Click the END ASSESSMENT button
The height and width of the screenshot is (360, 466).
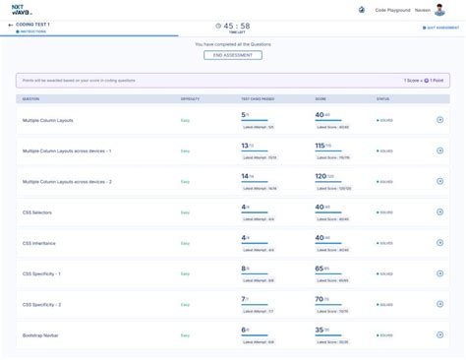pyautogui.click(x=232, y=55)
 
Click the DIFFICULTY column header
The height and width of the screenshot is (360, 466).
pyautogui.click(x=191, y=99)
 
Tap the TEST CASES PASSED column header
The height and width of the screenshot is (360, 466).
pyautogui.click(x=259, y=99)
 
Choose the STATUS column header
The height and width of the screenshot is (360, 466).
pyautogui.click(x=382, y=99)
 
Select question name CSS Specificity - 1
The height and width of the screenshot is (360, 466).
pyautogui.click(x=44, y=272)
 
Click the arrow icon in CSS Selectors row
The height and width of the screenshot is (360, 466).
pyautogui.click(x=439, y=211)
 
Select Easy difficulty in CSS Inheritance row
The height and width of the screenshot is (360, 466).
pyautogui.click(x=185, y=242)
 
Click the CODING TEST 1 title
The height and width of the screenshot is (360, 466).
pyautogui.click(x=35, y=24)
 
